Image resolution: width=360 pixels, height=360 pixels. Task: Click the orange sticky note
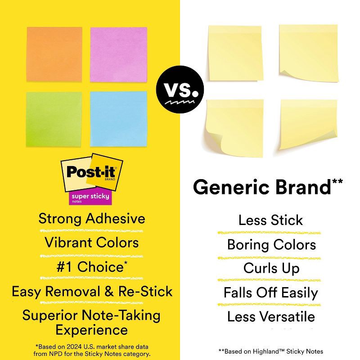(55, 54)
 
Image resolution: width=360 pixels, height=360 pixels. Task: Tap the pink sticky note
(118, 54)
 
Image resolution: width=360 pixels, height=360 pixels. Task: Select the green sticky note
(54, 118)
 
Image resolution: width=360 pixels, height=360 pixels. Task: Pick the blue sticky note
(118, 118)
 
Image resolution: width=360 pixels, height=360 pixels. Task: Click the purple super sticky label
(90, 198)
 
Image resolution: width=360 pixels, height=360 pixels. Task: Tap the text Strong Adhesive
(92, 219)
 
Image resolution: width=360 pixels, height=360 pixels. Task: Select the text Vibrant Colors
(92, 243)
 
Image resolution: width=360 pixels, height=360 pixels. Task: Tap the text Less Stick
(270, 220)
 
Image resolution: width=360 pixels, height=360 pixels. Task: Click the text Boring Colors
(271, 245)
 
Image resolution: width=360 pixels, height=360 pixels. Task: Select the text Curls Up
(271, 268)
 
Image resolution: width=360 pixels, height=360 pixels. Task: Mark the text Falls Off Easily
(271, 292)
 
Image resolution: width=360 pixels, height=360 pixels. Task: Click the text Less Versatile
(271, 316)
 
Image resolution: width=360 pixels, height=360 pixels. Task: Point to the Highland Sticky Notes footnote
(271, 351)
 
